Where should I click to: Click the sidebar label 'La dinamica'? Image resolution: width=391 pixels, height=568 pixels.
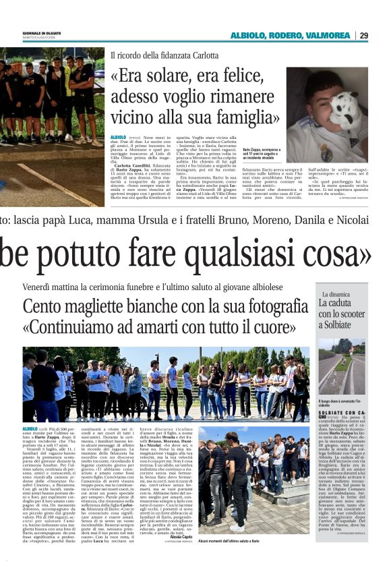coord(335,295)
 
